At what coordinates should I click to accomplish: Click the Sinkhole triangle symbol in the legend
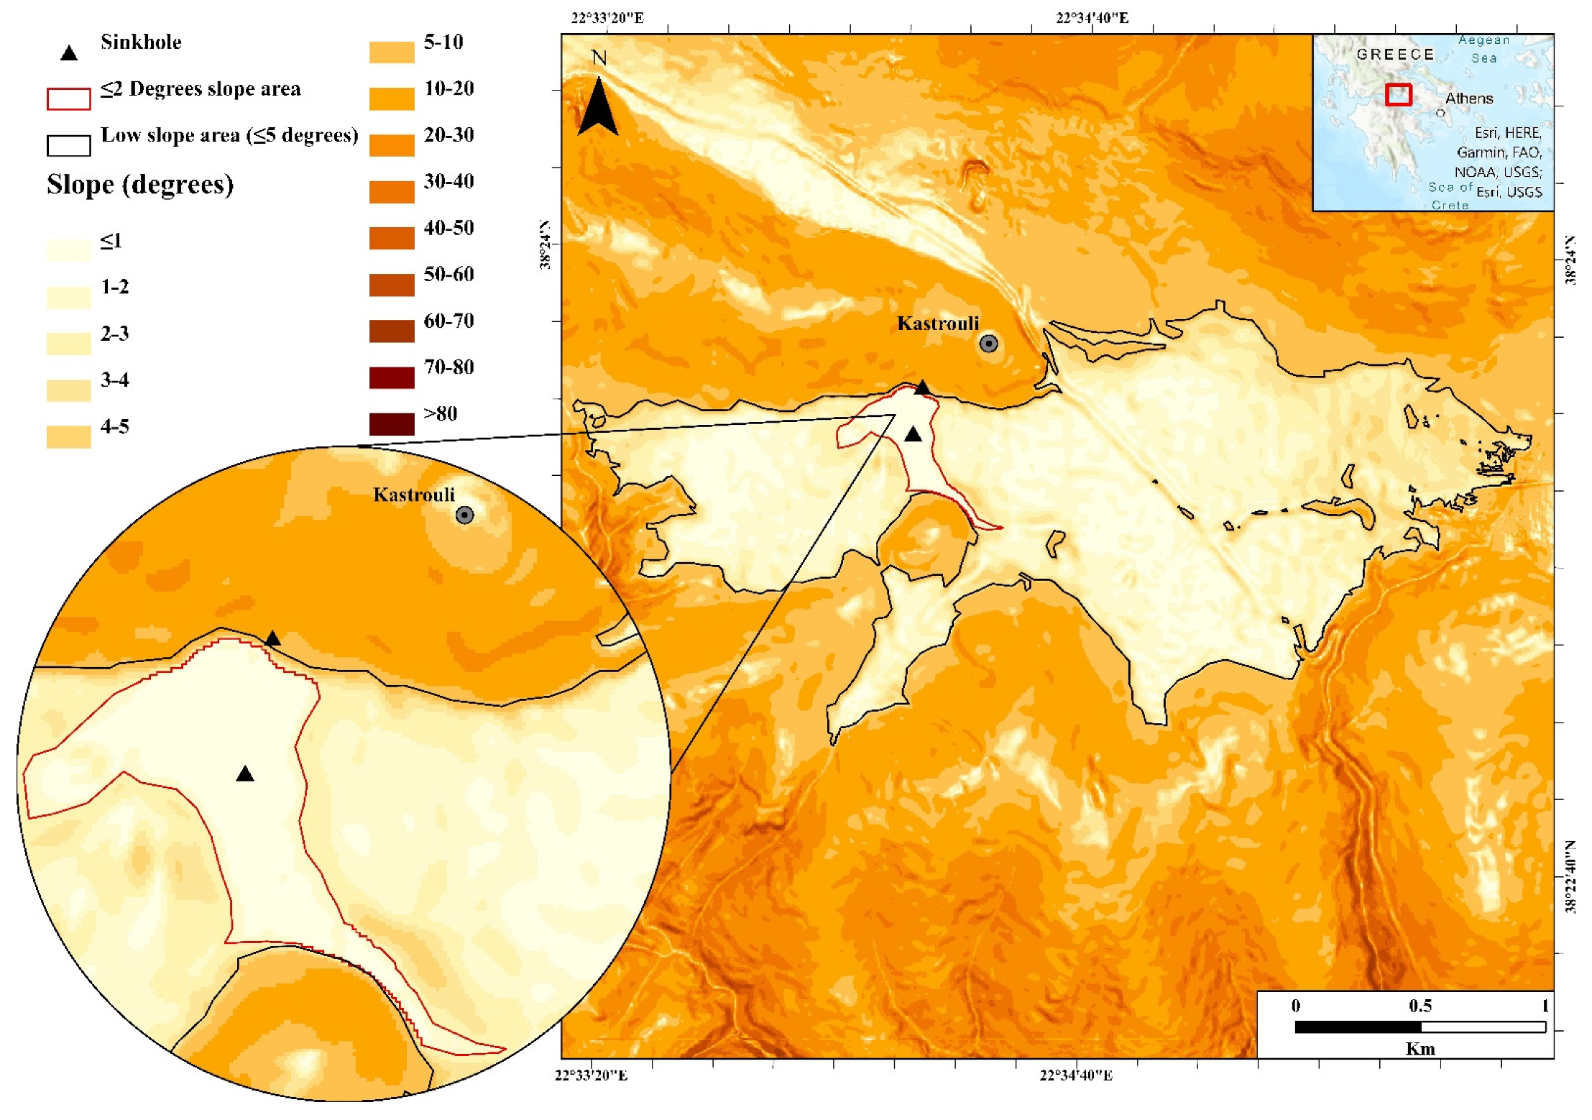click(x=69, y=53)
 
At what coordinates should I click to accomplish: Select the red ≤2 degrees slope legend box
click(x=69, y=99)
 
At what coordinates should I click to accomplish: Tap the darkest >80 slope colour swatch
click(x=392, y=423)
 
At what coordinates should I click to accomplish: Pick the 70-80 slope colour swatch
click(x=392, y=377)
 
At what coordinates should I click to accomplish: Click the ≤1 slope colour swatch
click(x=69, y=249)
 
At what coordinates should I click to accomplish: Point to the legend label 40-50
click(x=448, y=228)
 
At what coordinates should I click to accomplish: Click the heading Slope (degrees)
click(x=140, y=185)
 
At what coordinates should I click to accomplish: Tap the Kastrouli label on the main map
click(x=938, y=323)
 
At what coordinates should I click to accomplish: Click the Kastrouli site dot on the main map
click(x=989, y=344)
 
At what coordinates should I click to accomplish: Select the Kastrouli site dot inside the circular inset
click(x=465, y=515)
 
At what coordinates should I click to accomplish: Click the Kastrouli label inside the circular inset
click(x=414, y=495)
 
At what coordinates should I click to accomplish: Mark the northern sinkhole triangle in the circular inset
click(x=272, y=638)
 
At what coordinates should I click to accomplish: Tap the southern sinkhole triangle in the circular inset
click(x=245, y=774)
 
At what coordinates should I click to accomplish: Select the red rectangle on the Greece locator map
click(x=1399, y=95)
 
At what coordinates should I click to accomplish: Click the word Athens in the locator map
click(x=1469, y=98)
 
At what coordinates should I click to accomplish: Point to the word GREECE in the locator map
click(x=1395, y=55)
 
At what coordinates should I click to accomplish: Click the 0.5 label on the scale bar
click(x=1420, y=1006)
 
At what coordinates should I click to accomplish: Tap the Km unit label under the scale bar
click(x=1420, y=1049)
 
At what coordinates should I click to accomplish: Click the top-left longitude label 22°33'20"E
click(x=607, y=18)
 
